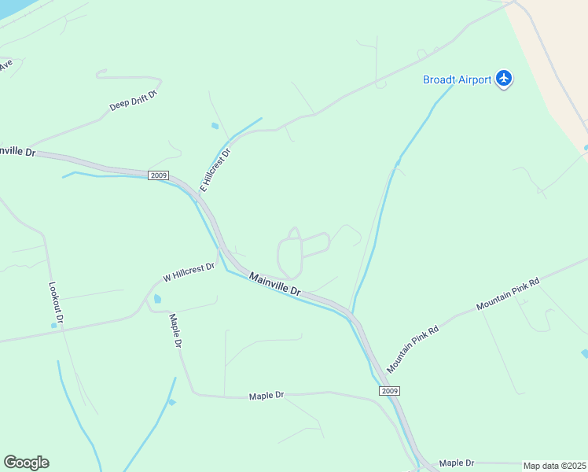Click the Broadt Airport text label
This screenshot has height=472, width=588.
click(457, 79)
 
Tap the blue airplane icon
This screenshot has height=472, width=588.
click(504, 79)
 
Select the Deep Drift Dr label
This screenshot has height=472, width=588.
click(134, 100)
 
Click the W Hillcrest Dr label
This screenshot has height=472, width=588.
click(189, 273)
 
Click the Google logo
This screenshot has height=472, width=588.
click(26, 463)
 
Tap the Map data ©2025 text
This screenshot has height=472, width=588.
click(554, 466)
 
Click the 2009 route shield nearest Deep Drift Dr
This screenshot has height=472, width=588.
click(156, 175)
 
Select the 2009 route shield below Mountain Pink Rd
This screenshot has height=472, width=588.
click(389, 391)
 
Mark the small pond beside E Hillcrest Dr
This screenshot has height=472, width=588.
click(215, 126)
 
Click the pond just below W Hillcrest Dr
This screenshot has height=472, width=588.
click(157, 299)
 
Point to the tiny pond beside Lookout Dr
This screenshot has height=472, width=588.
click(53, 325)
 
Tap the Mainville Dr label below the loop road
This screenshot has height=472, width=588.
click(275, 284)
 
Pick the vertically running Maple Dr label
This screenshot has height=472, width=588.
click(175, 331)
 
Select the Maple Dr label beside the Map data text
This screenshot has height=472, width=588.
click(457, 463)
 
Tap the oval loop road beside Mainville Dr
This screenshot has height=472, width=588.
click(290, 256)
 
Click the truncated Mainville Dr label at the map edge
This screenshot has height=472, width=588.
click(17, 149)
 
